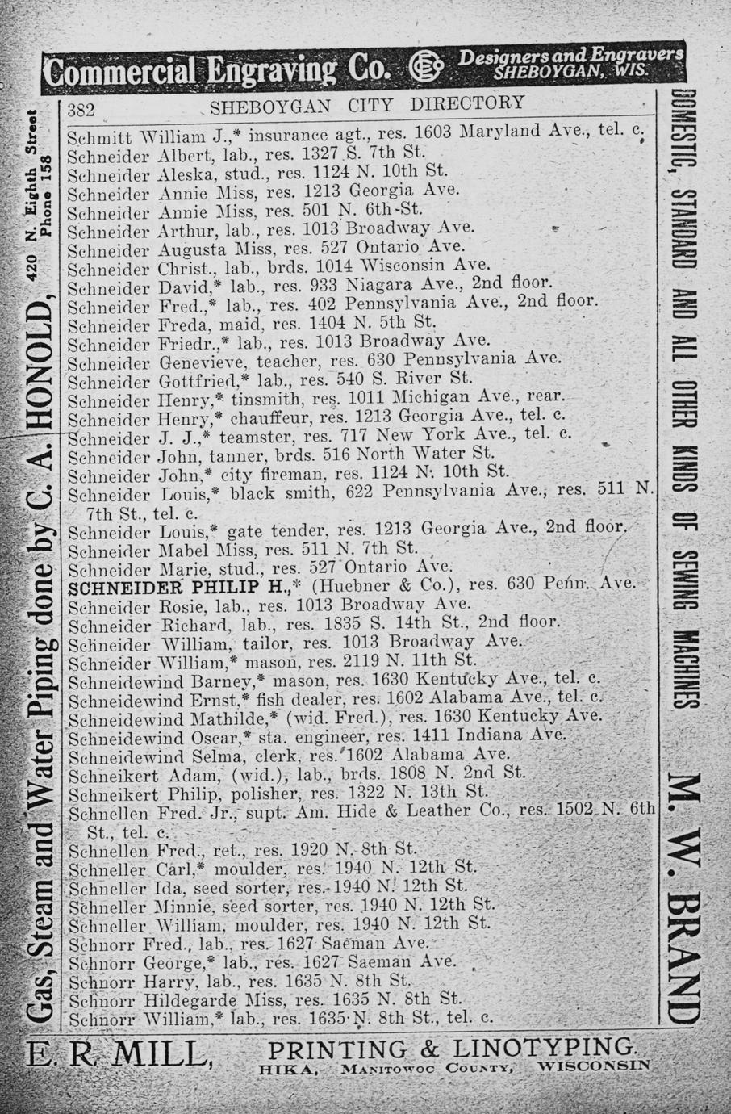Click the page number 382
pos(82,109)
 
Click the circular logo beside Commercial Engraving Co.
pos(424,68)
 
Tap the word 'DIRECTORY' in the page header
pos(467,104)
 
